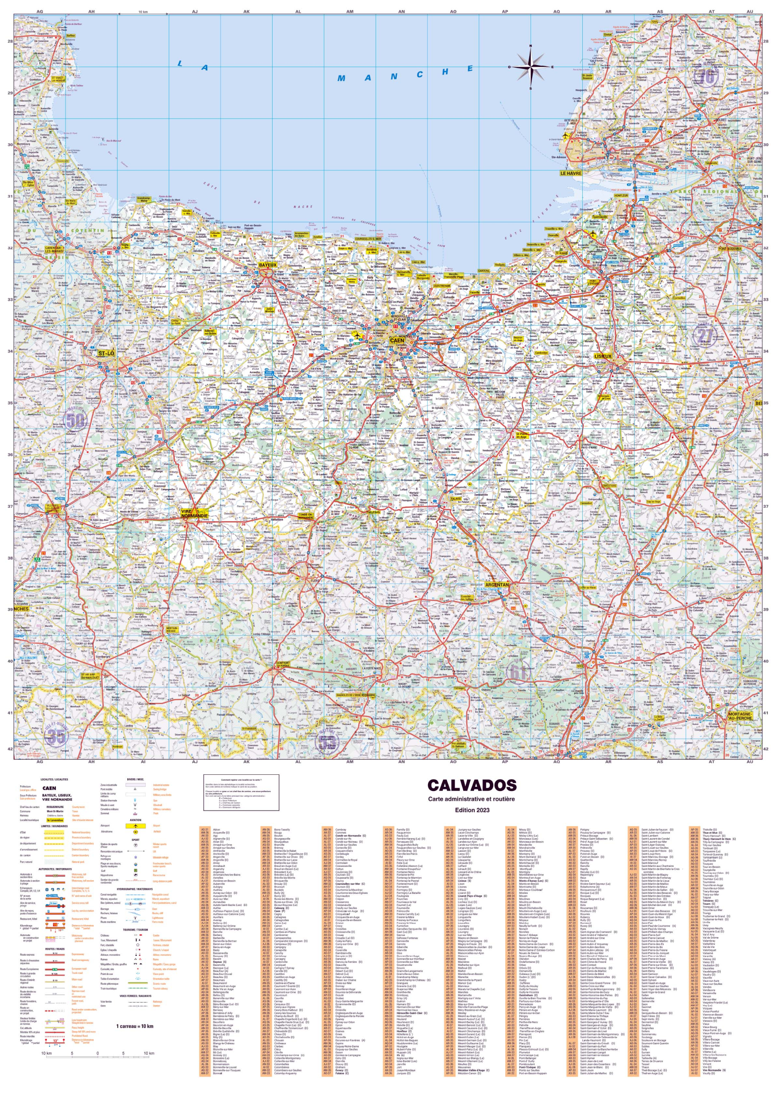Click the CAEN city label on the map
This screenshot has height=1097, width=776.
[397, 341]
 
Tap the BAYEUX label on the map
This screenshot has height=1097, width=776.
[267, 265]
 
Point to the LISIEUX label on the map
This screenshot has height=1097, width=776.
[602, 357]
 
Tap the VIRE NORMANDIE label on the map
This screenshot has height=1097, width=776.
[195, 514]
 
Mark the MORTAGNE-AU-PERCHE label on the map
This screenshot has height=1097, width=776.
[740, 716]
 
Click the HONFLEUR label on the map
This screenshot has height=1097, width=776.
[621, 196]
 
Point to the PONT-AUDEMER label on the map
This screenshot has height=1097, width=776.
[730, 249]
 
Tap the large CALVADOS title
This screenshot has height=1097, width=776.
[472, 785]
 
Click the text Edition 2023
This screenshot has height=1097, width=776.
[472, 810]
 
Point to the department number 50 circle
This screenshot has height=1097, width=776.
[76, 421]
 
